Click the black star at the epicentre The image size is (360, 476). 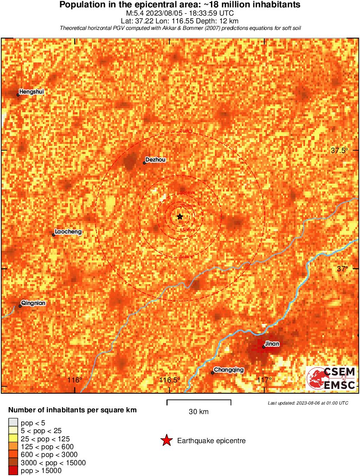[180, 216]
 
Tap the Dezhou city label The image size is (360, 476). [155, 160]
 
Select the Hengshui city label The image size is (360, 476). [31, 92]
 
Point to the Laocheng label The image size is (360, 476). [68, 232]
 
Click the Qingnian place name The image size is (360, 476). [33, 303]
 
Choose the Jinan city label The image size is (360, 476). [272, 344]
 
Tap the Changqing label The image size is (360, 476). [229, 370]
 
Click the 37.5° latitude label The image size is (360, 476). [339, 151]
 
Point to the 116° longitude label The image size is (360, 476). [75, 380]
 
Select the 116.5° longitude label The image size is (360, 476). [169, 380]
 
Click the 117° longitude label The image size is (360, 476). [264, 380]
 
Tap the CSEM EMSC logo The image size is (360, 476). [331, 378]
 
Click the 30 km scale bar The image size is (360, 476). [199, 403]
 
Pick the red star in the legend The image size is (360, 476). [166, 441]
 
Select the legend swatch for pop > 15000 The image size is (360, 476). [13, 471]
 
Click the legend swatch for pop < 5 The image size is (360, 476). [13, 423]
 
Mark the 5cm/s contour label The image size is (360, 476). [186, 257]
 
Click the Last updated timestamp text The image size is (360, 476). [308, 403]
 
